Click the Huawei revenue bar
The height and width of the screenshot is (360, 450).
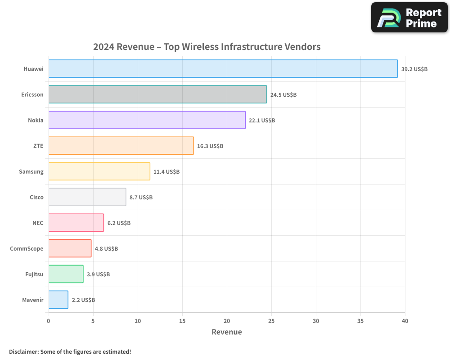pyautogui.click(x=223, y=69)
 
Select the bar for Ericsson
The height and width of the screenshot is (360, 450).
pyautogui.click(x=157, y=94)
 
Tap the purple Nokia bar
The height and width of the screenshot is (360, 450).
pyautogui.click(x=147, y=120)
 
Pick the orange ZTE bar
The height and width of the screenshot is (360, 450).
pyautogui.click(x=121, y=146)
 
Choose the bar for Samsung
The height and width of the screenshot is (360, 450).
pyautogui.click(x=99, y=171)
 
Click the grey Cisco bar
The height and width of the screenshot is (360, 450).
pyautogui.click(x=87, y=197)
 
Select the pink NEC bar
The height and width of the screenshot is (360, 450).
pyautogui.click(x=76, y=223)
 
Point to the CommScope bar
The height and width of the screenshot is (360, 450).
pyautogui.click(x=70, y=248)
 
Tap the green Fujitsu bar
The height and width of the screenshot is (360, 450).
pyautogui.click(x=66, y=274)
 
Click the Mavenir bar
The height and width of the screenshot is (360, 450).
pyautogui.click(x=58, y=300)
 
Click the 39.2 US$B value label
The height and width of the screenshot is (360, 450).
pyautogui.click(x=414, y=69)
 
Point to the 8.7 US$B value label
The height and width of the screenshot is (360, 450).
pyautogui.click(x=141, y=198)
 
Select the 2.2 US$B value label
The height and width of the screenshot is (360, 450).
pyautogui.click(x=83, y=300)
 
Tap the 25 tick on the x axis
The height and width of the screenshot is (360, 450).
pyautogui.click(x=271, y=321)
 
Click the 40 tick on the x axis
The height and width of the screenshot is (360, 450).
pyautogui.click(x=405, y=321)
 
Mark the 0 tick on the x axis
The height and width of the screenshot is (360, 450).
pyautogui.click(x=49, y=321)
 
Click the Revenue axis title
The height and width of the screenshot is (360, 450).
pyautogui.click(x=226, y=332)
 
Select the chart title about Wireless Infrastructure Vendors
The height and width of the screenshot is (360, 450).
pyautogui.click(x=207, y=47)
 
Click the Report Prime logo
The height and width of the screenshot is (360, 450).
pyautogui.click(x=409, y=18)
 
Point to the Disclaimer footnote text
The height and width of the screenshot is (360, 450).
pyautogui.click(x=70, y=351)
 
